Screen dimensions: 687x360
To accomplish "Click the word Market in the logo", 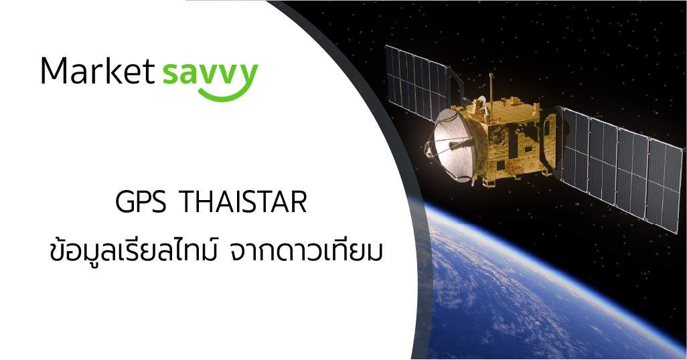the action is point(98,70).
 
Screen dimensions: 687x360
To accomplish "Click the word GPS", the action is point(141,202).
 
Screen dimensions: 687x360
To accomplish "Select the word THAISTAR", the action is point(244,202).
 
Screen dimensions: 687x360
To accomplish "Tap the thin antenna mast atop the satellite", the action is point(491,88).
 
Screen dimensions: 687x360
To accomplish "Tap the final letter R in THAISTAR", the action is point(299,202).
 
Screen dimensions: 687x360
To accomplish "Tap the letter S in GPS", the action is point(159,202).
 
